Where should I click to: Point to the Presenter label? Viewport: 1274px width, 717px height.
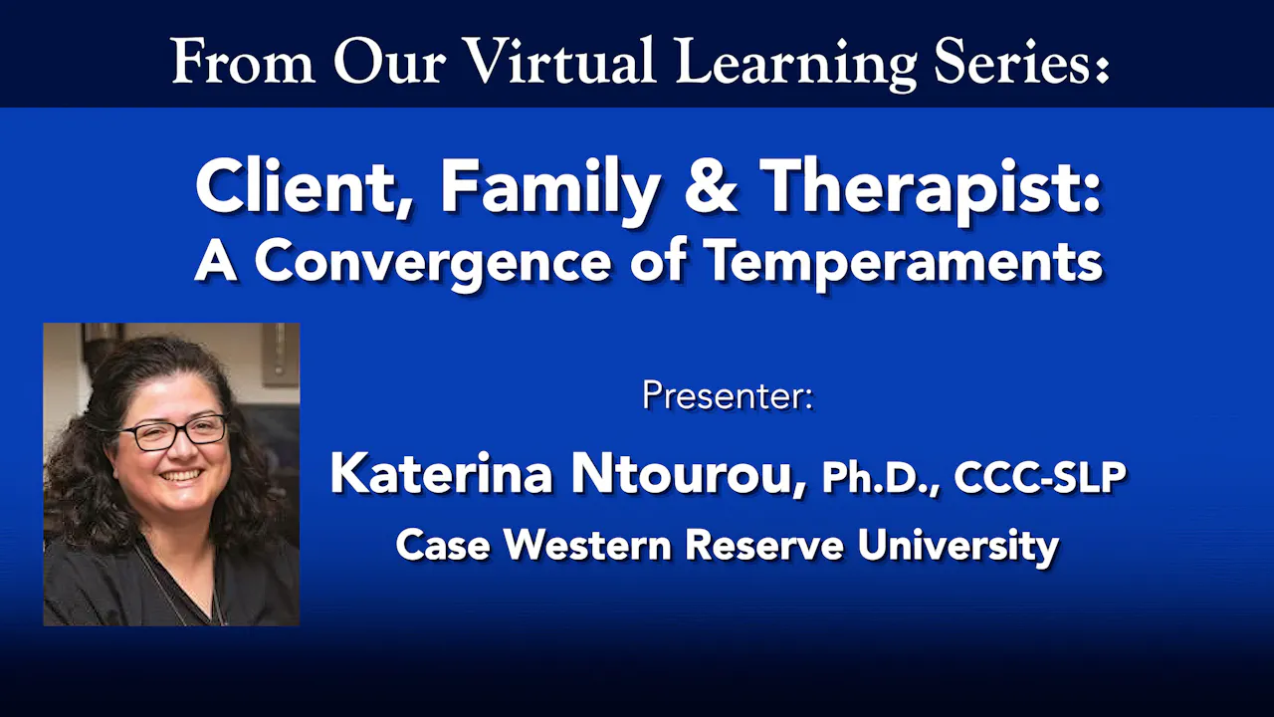728,395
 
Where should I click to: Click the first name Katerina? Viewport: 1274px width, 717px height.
441,473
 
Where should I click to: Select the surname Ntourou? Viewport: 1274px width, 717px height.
687,474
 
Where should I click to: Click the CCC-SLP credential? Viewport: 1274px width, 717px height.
1040,476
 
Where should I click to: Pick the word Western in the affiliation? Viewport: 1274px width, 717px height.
588,544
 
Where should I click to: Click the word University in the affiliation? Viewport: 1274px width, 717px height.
958,547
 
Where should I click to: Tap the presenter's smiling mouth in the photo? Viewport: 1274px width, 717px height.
181,476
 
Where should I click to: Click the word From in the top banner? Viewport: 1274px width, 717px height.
244,62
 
